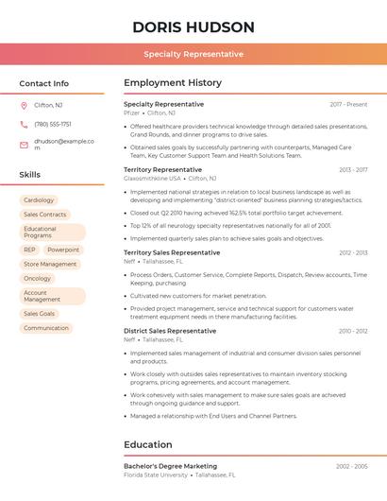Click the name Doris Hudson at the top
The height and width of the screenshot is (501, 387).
pos(193,26)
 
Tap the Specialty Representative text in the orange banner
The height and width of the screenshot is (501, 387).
pos(193,55)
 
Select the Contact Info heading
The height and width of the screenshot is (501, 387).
pos(43,83)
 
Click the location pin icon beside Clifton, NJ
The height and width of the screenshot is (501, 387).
pos(24,105)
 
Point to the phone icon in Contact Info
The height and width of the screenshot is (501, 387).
pos(24,124)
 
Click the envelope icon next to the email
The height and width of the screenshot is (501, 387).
pos(24,145)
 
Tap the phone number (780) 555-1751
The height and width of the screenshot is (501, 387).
pos(53,124)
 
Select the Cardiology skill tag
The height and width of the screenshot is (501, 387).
pos(39,200)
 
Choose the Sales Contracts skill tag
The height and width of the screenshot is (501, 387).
pos(44,215)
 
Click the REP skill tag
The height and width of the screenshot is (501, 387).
pos(30,250)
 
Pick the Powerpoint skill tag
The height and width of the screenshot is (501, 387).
pos(63,250)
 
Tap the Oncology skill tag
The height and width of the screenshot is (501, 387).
pos(38,279)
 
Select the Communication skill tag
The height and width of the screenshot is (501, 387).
pos(46,328)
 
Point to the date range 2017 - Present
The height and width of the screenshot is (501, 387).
pos(348,104)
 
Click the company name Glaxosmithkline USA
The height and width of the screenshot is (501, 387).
pos(152,178)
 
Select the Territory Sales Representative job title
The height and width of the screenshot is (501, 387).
pos(172,252)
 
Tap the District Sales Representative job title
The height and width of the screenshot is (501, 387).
pos(170,331)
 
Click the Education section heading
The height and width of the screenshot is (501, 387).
pos(147,444)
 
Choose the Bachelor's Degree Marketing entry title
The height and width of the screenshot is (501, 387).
pos(170,466)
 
